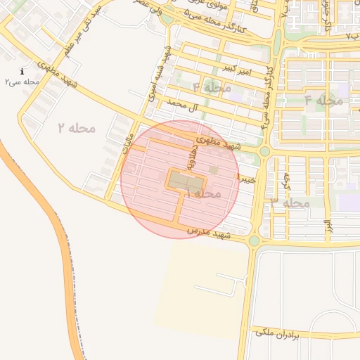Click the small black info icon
22,71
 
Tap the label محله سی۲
22,82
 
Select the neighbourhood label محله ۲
77,128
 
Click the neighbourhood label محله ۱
204,193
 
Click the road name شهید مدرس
210,232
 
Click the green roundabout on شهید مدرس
253,241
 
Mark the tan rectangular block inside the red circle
184,181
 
